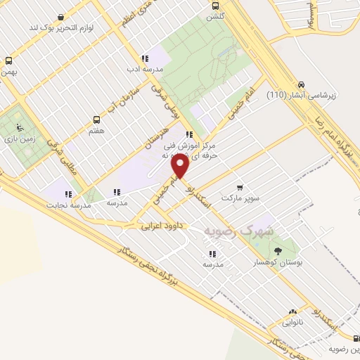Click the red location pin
point(181,166)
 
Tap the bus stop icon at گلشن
point(214,5)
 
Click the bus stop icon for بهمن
point(8,60)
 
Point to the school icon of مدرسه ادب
point(145,59)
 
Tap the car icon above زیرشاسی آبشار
point(302,82)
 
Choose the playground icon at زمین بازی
point(20,128)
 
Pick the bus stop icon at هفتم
point(97,120)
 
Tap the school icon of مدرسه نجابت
point(68,194)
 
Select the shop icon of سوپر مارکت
point(240,188)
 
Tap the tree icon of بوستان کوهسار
point(279,250)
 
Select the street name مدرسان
point(157,134)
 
